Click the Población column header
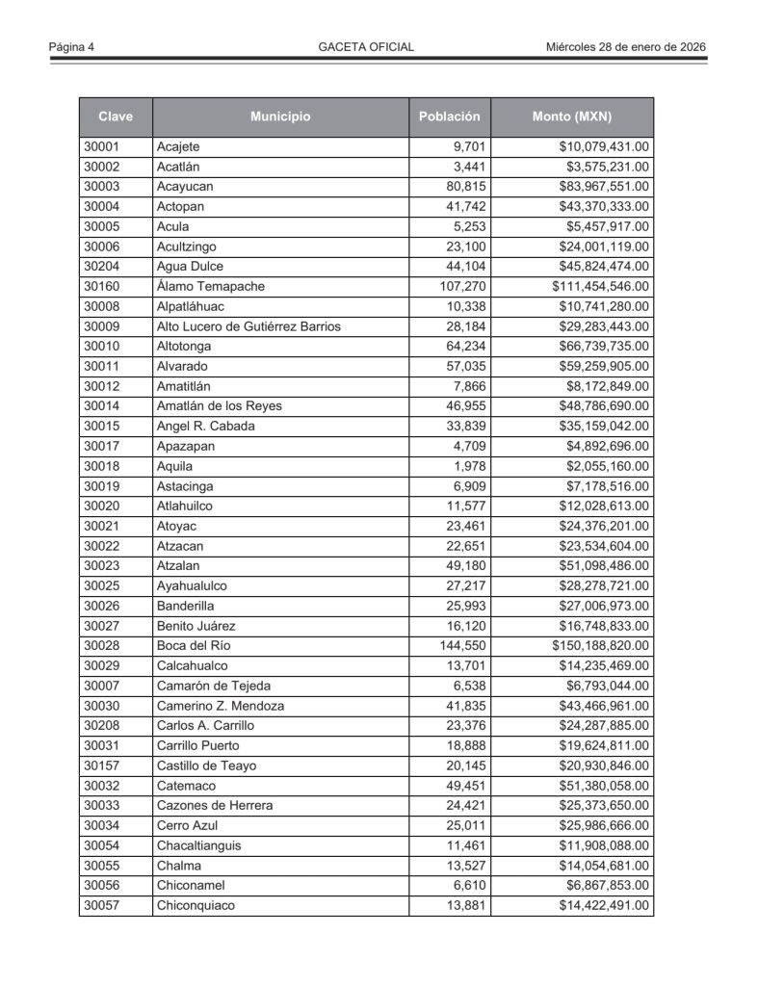point(449,117)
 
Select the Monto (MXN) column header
point(572,117)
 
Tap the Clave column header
point(116,117)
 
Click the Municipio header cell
point(280,117)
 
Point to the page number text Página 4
point(77,46)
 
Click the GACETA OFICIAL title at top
point(366,46)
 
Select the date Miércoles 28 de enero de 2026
point(626,46)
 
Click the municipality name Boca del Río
point(194,646)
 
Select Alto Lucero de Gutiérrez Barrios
point(248,326)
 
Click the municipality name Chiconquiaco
point(196,905)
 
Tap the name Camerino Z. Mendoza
point(221,706)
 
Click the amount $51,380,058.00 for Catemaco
point(604,786)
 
